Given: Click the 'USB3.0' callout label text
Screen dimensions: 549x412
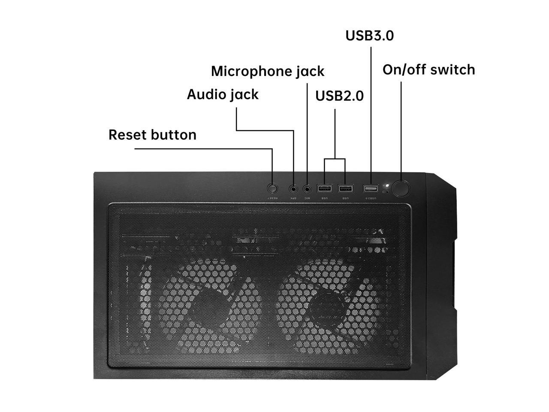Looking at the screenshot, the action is tap(369, 36).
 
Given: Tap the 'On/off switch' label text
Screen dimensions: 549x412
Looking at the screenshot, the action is tap(428, 70).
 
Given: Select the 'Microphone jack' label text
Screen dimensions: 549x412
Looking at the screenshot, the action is tap(268, 71).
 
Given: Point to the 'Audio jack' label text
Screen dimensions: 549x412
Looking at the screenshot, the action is tap(223, 94).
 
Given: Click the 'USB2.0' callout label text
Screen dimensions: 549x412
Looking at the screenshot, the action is tap(339, 96).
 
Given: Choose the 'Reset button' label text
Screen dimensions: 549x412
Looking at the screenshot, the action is tap(152, 135).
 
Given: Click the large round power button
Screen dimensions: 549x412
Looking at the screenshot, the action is tap(401, 188).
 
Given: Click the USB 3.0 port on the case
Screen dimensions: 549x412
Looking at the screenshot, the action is tap(371, 188).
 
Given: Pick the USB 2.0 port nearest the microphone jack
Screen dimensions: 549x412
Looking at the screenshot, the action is tap(325, 188).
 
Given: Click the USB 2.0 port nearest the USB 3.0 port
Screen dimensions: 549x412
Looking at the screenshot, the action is tap(345, 188).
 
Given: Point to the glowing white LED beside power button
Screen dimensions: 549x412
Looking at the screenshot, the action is tap(386, 186).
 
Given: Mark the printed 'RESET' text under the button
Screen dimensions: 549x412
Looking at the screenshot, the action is tap(273, 198).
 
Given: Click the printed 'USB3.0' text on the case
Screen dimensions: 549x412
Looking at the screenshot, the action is tap(371, 198).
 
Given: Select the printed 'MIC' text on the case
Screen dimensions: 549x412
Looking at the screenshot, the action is tap(307, 198).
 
